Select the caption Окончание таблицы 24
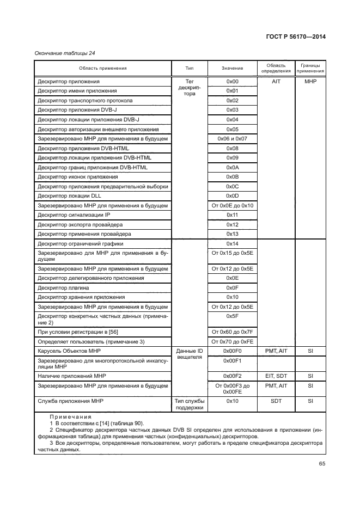(x=61, y=52)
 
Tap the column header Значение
(x=233, y=68)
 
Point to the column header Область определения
(x=276, y=68)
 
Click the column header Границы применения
(x=309, y=68)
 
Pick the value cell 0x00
(x=233, y=82)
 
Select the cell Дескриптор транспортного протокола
(x=84, y=101)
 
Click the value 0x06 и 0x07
(x=233, y=139)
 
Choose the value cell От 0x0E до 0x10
(x=233, y=206)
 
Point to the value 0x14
(x=233, y=244)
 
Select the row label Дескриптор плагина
(x=63, y=287)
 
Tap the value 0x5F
(x=233, y=316)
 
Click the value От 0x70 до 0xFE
(x=233, y=341)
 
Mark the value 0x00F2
(x=233, y=376)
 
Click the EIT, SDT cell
(x=276, y=376)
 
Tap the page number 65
(x=322, y=464)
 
